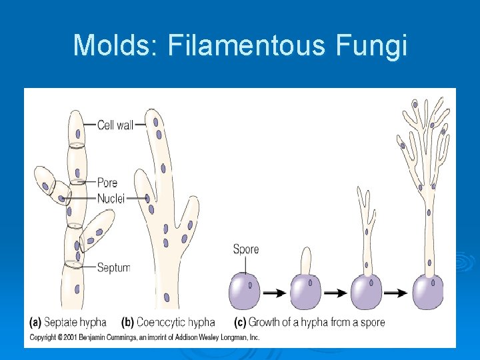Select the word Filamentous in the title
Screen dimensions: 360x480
click(248, 45)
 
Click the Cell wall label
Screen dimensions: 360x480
click(115, 125)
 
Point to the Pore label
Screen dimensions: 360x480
click(107, 183)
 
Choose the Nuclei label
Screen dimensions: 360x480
click(111, 198)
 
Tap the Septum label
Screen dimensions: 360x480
click(113, 267)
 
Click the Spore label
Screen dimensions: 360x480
click(245, 249)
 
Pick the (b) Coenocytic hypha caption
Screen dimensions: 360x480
click(168, 322)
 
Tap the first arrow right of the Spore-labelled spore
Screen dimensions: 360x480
click(274, 293)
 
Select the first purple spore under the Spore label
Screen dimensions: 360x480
click(245, 292)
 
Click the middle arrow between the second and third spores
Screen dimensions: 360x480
click(335, 293)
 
